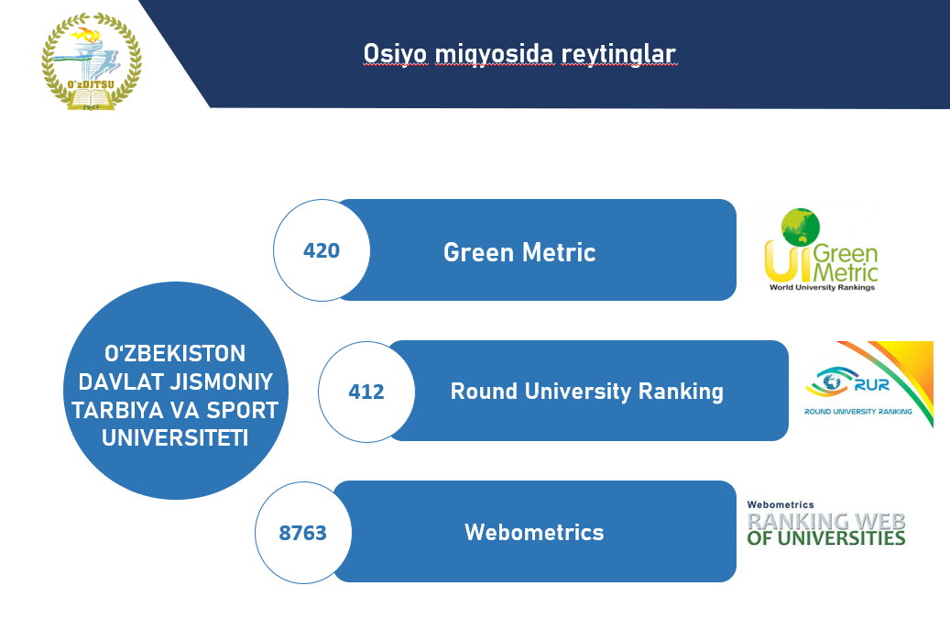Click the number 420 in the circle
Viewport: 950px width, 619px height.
[x=322, y=250]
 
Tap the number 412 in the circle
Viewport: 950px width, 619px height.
[x=366, y=392]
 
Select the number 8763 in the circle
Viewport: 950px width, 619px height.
[x=302, y=533]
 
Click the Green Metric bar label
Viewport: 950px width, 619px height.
[x=519, y=252]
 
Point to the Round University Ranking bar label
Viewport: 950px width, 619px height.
[x=586, y=392]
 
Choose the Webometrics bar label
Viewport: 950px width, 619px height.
[x=534, y=532]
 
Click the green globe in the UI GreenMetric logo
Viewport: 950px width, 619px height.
[x=801, y=227]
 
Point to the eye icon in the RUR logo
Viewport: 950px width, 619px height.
[x=829, y=381]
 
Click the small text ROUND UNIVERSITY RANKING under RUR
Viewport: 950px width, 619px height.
[x=857, y=412]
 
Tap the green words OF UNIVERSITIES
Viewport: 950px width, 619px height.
[x=825, y=538]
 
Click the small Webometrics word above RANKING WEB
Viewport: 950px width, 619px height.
[x=781, y=504]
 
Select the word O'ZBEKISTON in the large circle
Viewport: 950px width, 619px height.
[x=174, y=353]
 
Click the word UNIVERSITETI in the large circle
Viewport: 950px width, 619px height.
[x=175, y=437]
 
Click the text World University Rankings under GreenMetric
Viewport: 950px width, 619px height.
[x=822, y=287]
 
